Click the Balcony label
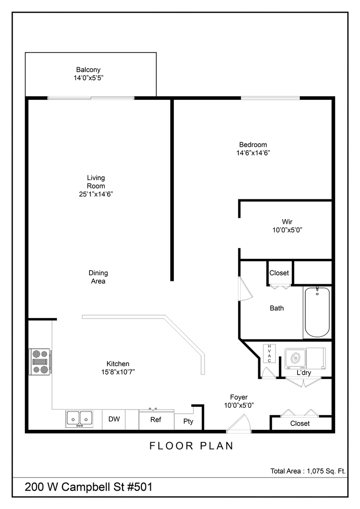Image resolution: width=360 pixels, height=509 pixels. [x=89, y=70]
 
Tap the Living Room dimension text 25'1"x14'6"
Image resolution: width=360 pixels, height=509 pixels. [x=96, y=194]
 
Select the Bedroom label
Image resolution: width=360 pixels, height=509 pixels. [x=253, y=145]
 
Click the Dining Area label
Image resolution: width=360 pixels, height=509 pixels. [x=98, y=277]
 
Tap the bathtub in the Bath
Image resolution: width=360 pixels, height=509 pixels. [x=317, y=312]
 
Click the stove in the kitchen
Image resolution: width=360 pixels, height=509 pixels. [x=40, y=361]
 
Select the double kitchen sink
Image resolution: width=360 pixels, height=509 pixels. [x=79, y=419]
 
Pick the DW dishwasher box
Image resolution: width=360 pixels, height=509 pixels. [x=114, y=419]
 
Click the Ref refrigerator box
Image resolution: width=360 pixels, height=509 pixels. [x=156, y=419]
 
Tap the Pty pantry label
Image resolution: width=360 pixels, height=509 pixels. [x=188, y=422]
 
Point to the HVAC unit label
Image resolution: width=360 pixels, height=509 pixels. [x=269, y=353]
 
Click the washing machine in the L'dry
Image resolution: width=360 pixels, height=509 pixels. [x=296, y=359]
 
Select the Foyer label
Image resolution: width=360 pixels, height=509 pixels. [x=239, y=397]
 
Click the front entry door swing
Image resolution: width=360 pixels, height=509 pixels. [x=239, y=424]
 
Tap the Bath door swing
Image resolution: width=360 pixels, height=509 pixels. [x=246, y=288]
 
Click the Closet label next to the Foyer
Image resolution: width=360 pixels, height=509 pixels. [x=300, y=423]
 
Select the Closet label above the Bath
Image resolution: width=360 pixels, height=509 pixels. [x=279, y=273]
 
